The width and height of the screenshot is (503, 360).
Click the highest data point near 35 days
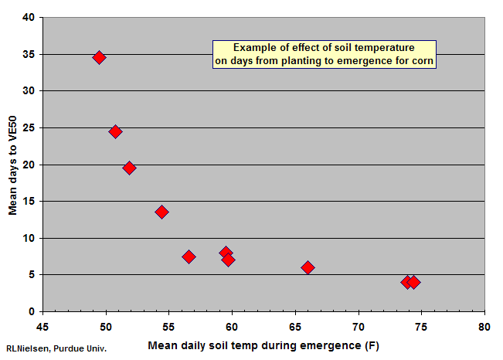(99, 57)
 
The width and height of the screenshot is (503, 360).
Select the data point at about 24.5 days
(115, 131)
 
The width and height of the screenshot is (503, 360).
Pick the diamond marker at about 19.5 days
(129, 168)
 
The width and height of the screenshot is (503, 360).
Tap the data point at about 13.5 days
(161, 212)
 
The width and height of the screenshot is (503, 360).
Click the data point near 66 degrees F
(308, 267)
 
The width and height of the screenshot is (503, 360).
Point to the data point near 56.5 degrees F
(189, 256)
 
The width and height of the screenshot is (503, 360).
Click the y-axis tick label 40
(29, 17)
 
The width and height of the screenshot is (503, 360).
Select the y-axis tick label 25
(29, 127)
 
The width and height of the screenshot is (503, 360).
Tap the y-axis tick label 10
(29, 238)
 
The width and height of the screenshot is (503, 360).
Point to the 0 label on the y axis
(32, 311)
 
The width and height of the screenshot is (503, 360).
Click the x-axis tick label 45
(42, 327)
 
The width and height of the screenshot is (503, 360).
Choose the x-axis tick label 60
(232, 327)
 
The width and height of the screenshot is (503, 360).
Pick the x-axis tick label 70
(359, 327)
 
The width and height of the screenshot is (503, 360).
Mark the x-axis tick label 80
(484, 327)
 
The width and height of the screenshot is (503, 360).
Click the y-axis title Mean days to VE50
(12, 165)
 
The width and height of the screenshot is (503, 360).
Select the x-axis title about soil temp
(263, 345)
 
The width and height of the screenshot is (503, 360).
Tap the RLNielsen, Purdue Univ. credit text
(56, 348)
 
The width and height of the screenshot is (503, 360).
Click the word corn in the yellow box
(423, 61)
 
